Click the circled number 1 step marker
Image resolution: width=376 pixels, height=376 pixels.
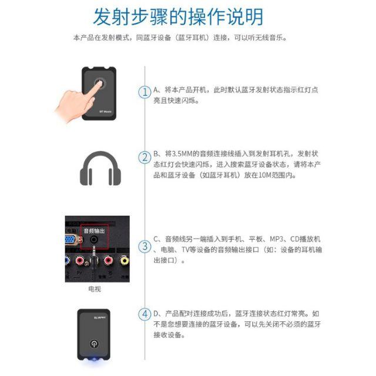[x=145, y=92]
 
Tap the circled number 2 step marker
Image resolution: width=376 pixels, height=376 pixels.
[x=145, y=157]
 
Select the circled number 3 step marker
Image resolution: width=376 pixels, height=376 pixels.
[x=145, y=246]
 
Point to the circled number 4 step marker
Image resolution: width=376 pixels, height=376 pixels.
[x=145, y=314]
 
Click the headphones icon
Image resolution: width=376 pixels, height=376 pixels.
[x=100, y=169]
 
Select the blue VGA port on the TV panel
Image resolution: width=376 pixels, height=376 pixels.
[x=70, y=240]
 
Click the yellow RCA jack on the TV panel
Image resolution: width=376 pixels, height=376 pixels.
[x=124, y=260]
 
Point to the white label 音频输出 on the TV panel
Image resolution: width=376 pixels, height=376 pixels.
[x=95, y=231]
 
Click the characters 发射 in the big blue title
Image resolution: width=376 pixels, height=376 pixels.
[x=112, y=16]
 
